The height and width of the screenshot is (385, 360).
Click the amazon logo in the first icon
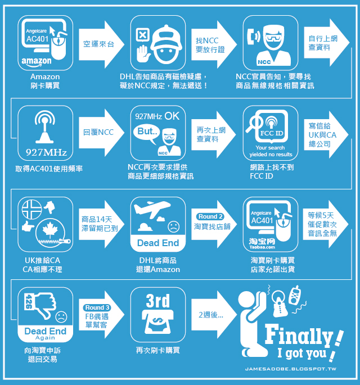click(x=38, y=61)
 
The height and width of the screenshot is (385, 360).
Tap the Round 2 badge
click(x=210, y=216)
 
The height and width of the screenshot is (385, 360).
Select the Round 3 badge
click(x=97, y=307)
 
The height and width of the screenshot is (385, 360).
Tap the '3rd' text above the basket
click(x=157, y=301)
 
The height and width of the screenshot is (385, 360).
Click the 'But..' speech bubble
click(x=147, y=132)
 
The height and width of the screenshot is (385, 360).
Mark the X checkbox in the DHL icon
click(x=142, y=35)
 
